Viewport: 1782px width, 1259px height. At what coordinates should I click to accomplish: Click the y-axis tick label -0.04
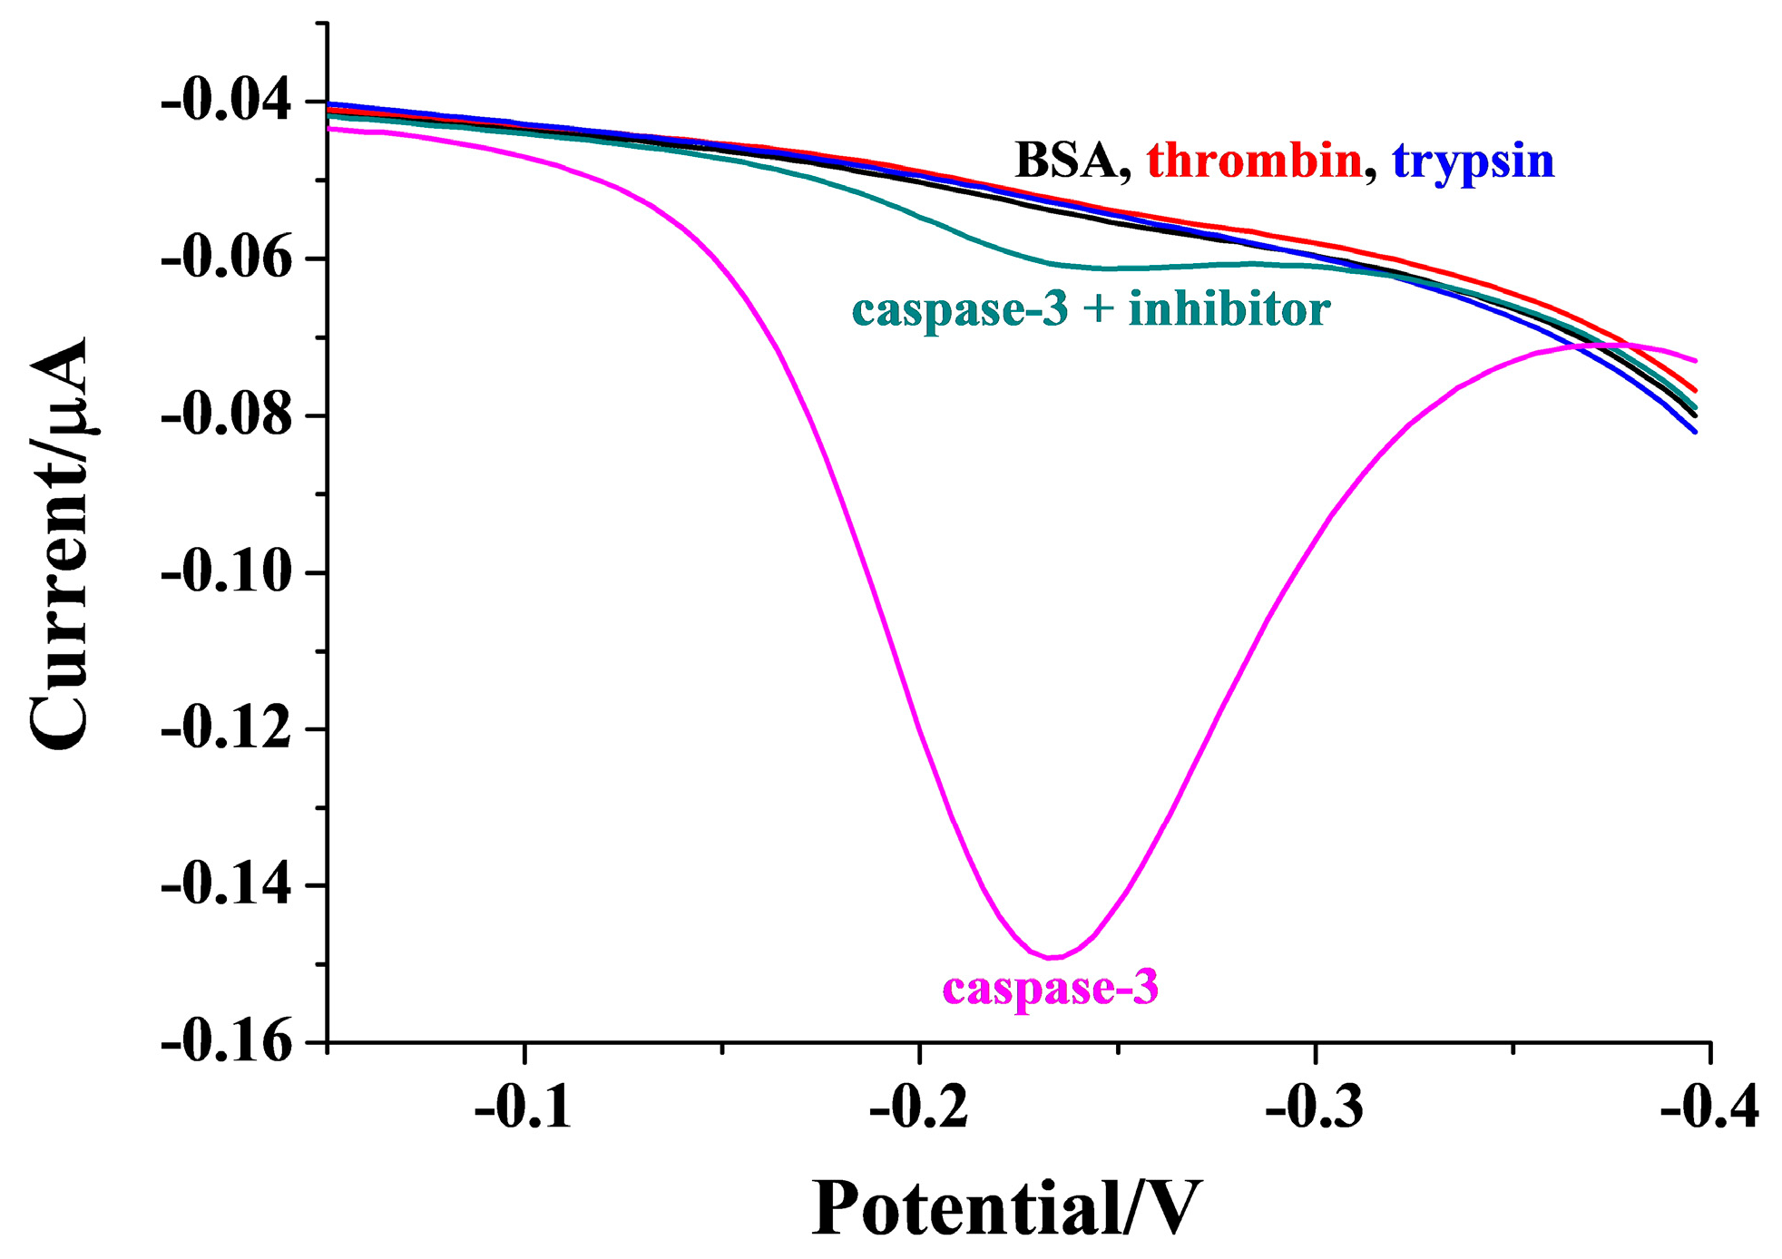coord(226,101)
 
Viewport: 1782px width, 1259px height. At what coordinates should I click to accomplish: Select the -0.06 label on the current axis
coord(226,259)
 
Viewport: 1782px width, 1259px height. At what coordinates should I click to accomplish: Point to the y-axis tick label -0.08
coord(226,416)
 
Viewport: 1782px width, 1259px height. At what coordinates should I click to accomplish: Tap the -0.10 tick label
coord(226,573)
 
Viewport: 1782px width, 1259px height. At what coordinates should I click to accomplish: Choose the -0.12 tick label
coord(226,729)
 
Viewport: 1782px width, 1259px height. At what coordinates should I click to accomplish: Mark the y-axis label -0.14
coord(226,886)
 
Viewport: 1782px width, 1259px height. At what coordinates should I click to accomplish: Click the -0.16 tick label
coord(226,1043)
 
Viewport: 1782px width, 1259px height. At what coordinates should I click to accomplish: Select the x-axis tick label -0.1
coord(523,1108)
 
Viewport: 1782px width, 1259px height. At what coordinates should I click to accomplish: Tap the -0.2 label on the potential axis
coord(918,1108)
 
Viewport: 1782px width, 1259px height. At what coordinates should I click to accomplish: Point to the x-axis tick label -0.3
coord(1314,1108)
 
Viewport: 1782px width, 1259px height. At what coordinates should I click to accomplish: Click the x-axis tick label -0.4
coord(1709,1108)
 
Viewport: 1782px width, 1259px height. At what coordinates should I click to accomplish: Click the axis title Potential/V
coord(1006,1209)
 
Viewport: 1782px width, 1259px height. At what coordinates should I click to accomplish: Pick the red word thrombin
coord(1254,161)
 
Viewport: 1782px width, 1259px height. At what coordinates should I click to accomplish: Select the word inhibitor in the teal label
coord(1229,309)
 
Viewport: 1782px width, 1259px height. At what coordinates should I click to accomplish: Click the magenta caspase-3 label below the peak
coord(1051,988)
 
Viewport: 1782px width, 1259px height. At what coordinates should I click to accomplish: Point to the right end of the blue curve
coord(1695,432)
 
